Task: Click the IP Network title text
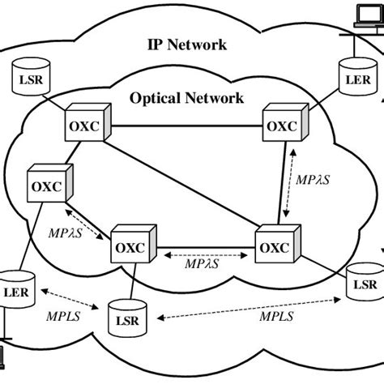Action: [186, 44]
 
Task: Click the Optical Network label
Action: [186, 99]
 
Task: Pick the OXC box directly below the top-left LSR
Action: [82, 127]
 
